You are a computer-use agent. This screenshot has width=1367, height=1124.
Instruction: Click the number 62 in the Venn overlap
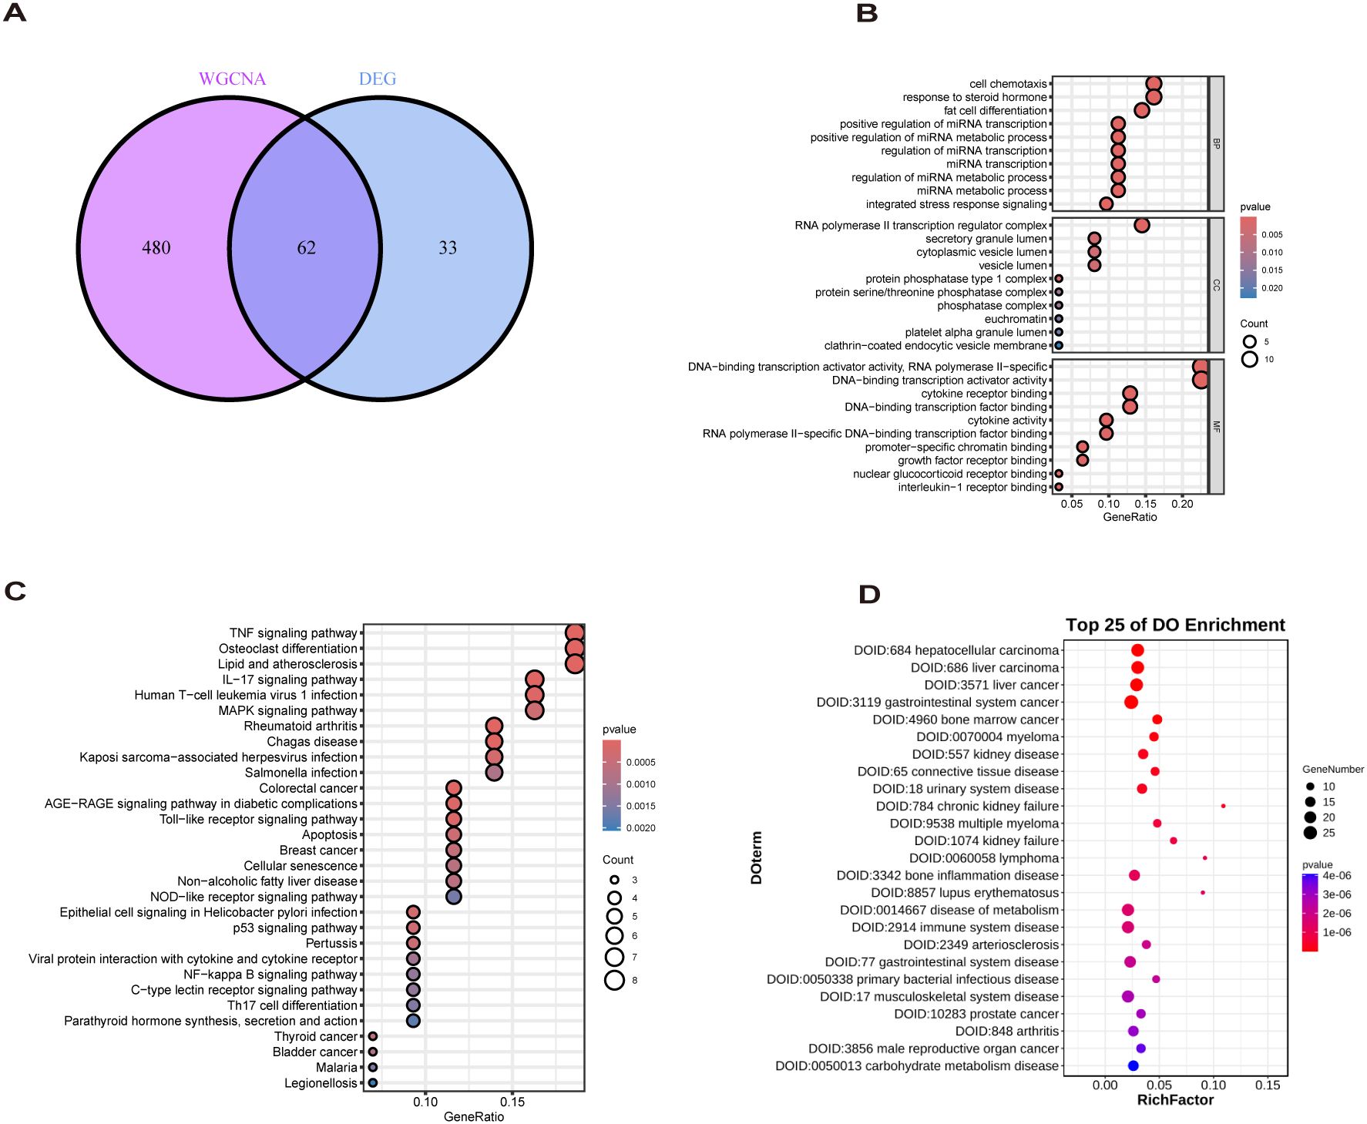click(306, 247)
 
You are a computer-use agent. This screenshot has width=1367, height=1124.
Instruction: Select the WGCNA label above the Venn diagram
click(232, 79)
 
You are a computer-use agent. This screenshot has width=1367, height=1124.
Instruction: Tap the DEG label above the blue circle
click(378, 79)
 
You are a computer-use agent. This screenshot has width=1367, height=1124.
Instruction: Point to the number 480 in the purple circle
click(156, 247)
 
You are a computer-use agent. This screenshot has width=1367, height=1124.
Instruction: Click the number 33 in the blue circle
click(448, 247)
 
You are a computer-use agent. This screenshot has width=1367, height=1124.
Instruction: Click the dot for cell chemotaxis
click(1154, 84)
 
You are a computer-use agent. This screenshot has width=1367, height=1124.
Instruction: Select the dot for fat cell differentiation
click(1142, 110)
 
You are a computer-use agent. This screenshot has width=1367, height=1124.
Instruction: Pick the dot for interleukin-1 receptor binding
click(1059, 487)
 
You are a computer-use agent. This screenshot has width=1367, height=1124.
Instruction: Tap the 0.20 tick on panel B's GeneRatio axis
click(1182, 504)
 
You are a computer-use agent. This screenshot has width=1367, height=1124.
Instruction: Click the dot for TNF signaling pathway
click(574, 633)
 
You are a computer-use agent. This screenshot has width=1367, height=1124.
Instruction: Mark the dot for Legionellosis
click(373, 1082)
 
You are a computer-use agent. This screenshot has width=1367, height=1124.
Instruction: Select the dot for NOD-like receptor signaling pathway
click(454, 897)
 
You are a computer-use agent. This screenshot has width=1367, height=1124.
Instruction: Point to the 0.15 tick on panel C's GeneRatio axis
click(512, 1102)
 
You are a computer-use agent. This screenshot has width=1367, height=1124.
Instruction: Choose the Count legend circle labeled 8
click(614, 980)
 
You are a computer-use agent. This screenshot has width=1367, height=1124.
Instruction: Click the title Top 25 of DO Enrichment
click(1175, 625)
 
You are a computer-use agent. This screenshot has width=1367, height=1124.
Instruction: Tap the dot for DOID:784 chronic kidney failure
click(1224, 806)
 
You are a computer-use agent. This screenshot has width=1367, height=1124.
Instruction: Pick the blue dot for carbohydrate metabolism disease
click(1133, 1065)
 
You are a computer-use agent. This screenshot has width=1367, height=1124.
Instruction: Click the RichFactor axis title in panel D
click(1175, 1100)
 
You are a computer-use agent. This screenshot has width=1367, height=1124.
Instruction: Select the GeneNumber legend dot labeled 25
click(1310, 833)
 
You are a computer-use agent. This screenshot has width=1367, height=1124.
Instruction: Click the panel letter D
click(869, 594)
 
